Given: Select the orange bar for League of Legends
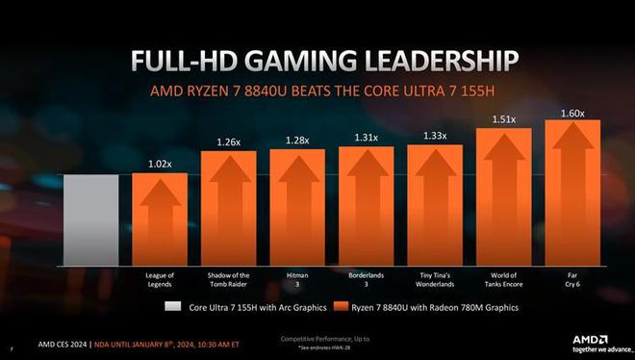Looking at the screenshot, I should [x=160, y=219].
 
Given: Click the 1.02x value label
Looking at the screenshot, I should [x=160, y=165].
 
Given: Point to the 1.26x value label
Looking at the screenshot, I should [x=228, y=143].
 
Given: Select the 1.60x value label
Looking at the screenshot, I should [x=573, y=113].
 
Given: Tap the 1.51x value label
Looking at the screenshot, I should [x=504, y=120].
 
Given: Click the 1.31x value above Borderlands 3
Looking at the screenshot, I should [x=366, y=138].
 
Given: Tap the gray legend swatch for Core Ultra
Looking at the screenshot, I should [x=171, y=308].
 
